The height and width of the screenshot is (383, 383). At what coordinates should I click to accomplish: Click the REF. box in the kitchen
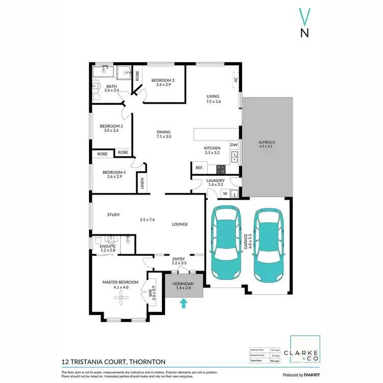199,167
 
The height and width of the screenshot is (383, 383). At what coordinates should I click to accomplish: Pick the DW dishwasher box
234,145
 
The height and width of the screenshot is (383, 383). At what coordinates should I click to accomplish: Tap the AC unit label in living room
236,80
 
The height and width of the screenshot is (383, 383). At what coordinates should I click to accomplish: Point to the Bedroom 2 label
163,80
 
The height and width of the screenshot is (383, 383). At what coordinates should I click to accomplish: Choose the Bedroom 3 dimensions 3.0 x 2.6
111,131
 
